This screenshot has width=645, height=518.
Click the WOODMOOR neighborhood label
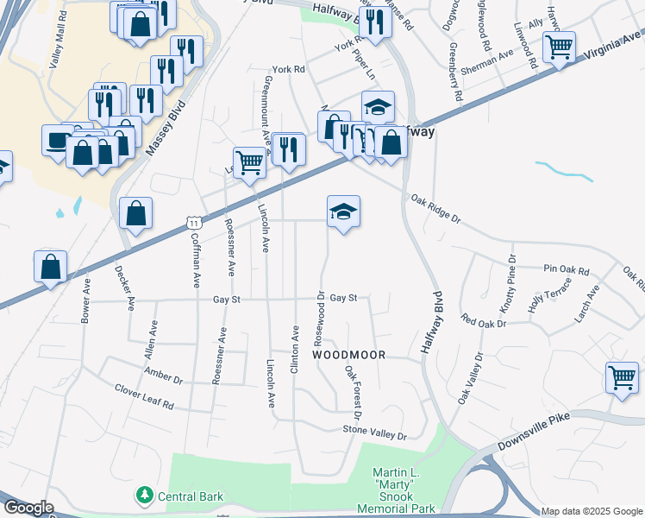pyautogui.click(x=348, y=355)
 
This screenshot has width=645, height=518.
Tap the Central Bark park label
pyautogui.click(x=191, y=496)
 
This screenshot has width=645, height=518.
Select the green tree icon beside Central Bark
pyautogui.click(x=144, y=496)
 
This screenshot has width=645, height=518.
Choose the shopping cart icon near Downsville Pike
pyautogui.click(x=622, y=377)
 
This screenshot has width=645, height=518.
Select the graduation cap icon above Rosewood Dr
pyautogui.click(x=343, y=211)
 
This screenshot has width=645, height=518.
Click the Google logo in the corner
pyautogui.click(x=28, y=508)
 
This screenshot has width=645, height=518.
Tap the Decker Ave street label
pyautogui.click(x=125, y=287)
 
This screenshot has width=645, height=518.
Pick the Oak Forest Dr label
pyautogui.click(x=353, y=386)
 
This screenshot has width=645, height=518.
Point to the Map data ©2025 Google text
pyautogui.click(x=591, y=511)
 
